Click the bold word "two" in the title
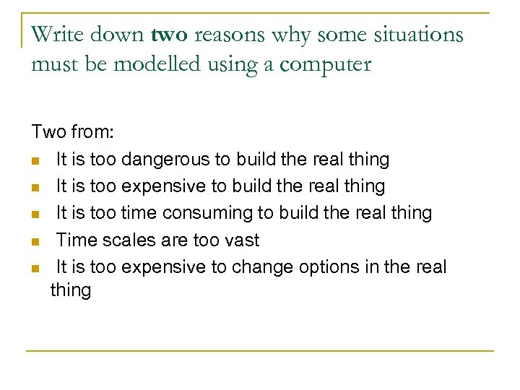[170, 35]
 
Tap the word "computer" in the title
[326, 65]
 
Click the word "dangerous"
[167, 159]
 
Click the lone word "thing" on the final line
[71, 291]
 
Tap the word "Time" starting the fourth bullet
[77, 240]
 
